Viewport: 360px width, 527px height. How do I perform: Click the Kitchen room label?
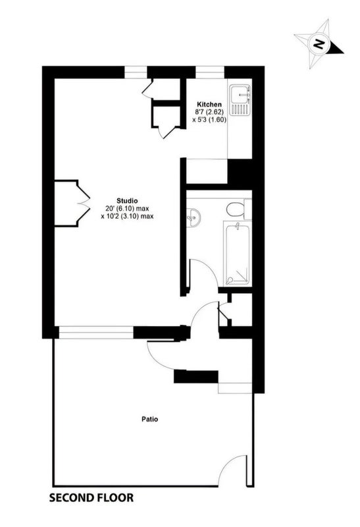point(209,104)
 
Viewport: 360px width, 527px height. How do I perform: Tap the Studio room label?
point(127,201)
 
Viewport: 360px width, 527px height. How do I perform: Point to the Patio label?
point(150,419)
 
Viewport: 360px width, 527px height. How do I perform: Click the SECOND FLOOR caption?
point(91,497)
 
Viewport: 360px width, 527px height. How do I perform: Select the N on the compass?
point(319,43)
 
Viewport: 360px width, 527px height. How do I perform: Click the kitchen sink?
point(240,94)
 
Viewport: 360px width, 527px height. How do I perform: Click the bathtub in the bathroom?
point(238,254)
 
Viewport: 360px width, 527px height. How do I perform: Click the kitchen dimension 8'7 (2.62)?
point(209,111)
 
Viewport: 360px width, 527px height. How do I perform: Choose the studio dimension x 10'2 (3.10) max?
point(127,216)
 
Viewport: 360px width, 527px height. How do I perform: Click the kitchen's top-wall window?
point(210,72)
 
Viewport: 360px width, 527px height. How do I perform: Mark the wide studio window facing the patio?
point(96,332)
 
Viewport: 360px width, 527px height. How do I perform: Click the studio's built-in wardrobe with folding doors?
point(72,204)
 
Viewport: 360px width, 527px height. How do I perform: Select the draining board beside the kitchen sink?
point(240,109)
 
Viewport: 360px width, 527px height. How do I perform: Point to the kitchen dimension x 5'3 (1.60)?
point(209,119)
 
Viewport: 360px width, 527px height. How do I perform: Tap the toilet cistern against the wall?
point(248,209)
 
